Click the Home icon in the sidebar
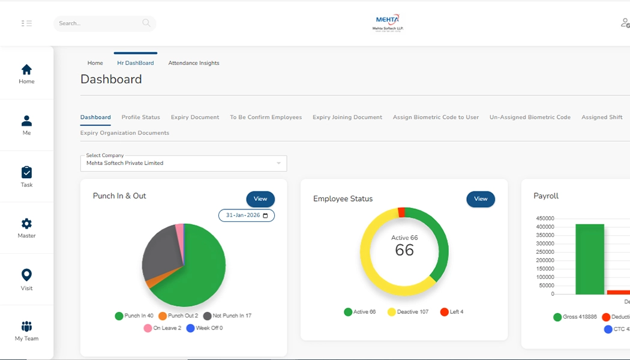tap(26, 70)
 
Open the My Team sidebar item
tap(26, 327)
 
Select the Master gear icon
tap(26, 224)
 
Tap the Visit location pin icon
tap(26, 275)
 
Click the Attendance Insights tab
tap(193, 63)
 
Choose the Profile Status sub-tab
tap(140, 118)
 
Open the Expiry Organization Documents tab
tap(125, 133)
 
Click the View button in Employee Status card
tap(481, 199)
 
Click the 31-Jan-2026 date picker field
tap(246, 215)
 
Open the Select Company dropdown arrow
tap(278, 163)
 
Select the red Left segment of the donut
tap(401, 212)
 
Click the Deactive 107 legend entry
tap(408, 312)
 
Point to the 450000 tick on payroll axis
tap(545, 218)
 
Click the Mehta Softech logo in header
tap(388, 23)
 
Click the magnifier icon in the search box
tap(146, 23)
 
